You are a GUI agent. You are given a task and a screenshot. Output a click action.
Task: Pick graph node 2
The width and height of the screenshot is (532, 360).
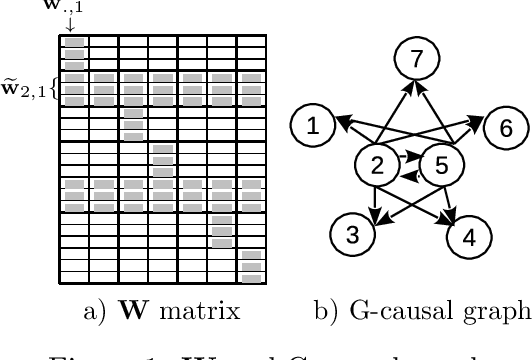(x=378, y=165)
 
